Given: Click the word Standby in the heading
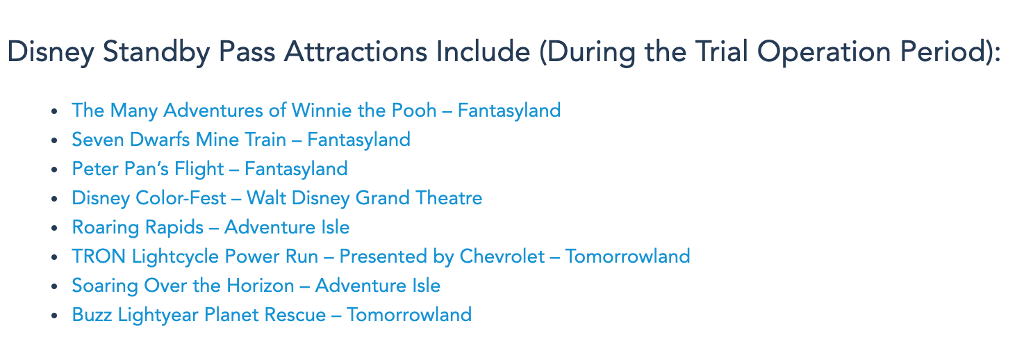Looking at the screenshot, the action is [x=156, y=52].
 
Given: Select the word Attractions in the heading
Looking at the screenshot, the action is [x=355, y=51].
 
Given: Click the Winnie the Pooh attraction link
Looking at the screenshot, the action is [x=316, y=111].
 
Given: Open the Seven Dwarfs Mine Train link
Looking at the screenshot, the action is [x=241, y=140].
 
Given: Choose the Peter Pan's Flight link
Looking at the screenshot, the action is [x=210, y=170].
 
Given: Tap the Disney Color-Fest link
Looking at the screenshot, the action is [x=277, y=199].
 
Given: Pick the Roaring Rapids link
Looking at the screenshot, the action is [x=210, y=227].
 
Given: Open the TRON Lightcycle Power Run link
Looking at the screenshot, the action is [x=381, y=256].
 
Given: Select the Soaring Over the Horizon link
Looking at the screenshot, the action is [x=256, y=286].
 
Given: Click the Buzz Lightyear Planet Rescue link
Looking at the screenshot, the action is [x=272, y=315].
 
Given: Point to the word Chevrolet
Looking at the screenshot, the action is [x=502, y=256].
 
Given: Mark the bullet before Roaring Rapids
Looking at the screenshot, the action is [x=54, y=228].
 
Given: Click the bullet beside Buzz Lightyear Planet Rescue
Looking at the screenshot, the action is [x=54, y=316].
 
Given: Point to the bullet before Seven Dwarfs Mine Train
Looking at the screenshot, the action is [x=54, y=140].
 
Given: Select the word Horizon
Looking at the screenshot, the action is [x=260, y=286].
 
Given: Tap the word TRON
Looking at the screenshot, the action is [x=99, y=256].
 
